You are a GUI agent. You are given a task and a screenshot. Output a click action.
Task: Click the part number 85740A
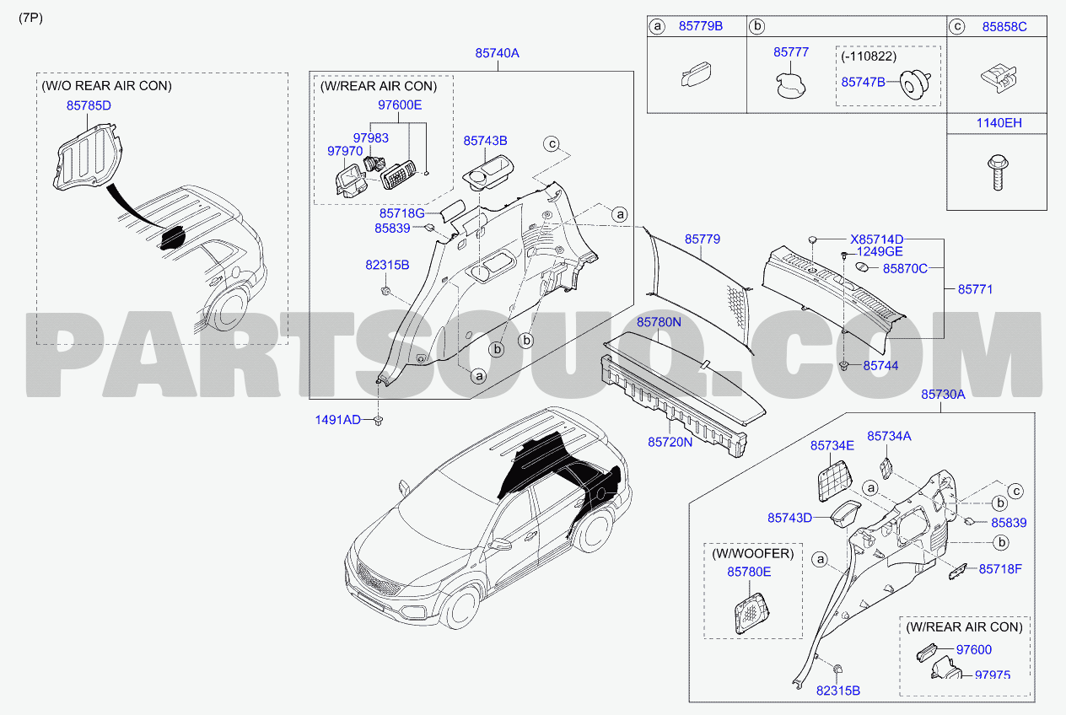(x=497, y=53)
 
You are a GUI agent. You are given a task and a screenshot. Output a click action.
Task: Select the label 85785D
(x=89, y=105)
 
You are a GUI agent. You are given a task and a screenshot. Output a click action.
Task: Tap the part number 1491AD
(x=337, y=420)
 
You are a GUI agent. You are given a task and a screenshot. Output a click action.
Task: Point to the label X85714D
(x=876, y=239)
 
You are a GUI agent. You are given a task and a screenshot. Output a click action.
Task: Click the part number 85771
(x=975, y=289)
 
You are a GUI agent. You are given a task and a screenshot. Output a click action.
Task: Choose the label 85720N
(x=670, y=443)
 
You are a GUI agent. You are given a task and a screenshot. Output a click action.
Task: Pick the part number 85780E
(x=749, y=572)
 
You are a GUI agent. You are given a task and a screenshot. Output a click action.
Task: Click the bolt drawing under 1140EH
(x=997, y=172)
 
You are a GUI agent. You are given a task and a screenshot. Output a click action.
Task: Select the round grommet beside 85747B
(x=915, y=84)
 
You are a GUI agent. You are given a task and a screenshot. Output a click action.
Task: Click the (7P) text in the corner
(x=30, y=18)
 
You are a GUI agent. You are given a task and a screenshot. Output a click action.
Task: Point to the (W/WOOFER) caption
(x=753, y=554)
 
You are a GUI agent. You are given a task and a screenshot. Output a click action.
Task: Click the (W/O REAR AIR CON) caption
(x=106, y=86)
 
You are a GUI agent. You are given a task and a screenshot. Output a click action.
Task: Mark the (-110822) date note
(x=869, y=56)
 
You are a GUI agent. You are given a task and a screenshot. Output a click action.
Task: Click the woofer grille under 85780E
(x=751, y=614)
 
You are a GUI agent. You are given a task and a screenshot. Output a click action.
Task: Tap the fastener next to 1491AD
(x=379, y=421)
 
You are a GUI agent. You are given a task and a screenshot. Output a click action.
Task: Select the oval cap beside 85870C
(x=862, y=267)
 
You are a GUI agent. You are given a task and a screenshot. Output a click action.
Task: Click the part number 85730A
(x=943, y=395)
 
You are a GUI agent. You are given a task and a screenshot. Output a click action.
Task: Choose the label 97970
(x=345, y=151)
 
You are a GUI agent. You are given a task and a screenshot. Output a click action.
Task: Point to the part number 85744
(x=880, y=366)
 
